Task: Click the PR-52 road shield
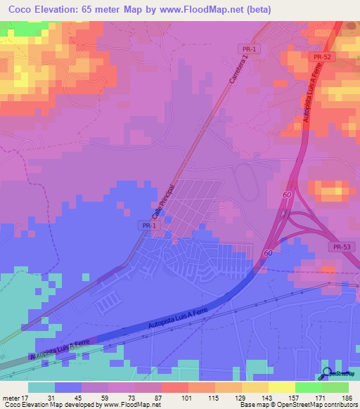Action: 323,57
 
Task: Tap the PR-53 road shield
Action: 340,247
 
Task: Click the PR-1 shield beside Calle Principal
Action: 146,225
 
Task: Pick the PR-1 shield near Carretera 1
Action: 250,48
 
